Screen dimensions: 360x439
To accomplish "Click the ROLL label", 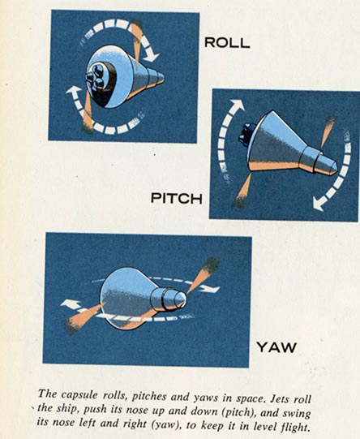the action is tap(227, 42).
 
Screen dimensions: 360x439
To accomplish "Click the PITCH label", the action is tap(177, 198).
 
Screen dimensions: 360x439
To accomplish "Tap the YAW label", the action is tap(276, 347).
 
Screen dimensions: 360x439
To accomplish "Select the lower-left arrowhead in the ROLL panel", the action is tap(75, 93).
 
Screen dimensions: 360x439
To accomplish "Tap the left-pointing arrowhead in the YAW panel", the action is tap(70, 304).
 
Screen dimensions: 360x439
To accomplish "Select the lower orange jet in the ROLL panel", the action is tap(88, 112).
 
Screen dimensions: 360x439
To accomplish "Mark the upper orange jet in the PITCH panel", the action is tap(328, 131).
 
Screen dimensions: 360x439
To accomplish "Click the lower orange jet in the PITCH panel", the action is tap(242, 191).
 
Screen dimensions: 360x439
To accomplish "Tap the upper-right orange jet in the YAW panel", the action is tap(203, 276).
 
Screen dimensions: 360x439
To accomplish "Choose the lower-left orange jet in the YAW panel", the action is tap(84, 318).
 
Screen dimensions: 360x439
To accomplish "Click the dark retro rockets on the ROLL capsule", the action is tap(95, 76).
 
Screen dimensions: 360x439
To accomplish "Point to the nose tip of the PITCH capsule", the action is tap(336, 169).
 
